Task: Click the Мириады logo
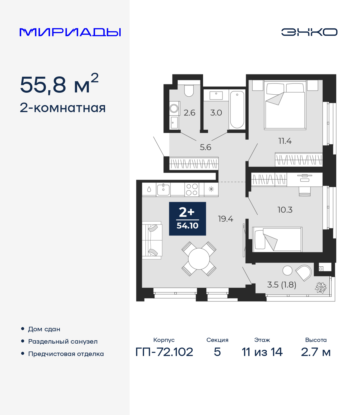click(x=70, y=32)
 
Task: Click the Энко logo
click(x=309, y=32)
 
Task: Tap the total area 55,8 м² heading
click(x=59, y=84)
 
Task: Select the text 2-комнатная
click(x=63, y=108)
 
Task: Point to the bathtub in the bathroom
click(x=237, y=110)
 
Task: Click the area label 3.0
click(x=216, y=113)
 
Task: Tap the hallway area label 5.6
click(x=205, y=147)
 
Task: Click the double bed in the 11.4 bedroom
click(x=285, y=105)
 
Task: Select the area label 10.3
click(x=285, y=210)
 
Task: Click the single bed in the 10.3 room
click(x=277, y=239)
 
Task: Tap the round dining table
click(x=199, y=259)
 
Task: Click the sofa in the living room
click(x=152, y=240)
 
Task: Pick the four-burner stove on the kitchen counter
click(x=192, y=189)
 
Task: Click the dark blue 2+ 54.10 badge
click(x=187, y=219)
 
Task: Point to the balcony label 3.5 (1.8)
click(x=282, y=285)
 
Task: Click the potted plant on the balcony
click(x=320, y=287)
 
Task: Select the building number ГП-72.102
click(x=164, y=352)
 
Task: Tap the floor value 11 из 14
click(x=262, y=352)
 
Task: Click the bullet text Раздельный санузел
click(x=63, y=341)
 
